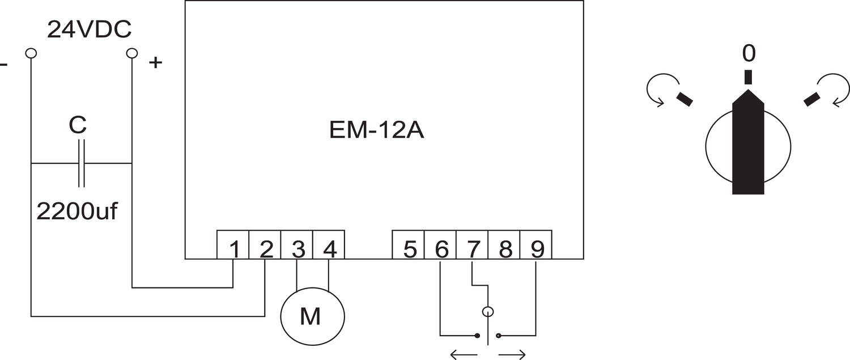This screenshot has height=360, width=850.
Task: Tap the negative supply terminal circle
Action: click(31, 53)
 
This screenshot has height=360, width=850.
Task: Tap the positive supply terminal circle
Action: click(131, 53)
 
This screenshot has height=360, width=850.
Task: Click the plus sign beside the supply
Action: click(155, 63)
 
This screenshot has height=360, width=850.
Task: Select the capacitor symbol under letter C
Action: click(81, 163)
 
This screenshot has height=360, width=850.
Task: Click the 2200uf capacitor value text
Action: click(77, 211)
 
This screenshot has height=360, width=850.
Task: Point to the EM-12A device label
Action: click(376, 130)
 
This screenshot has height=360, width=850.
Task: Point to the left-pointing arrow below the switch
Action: click(464, 355)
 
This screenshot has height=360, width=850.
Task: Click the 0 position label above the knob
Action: click(749, 54)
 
